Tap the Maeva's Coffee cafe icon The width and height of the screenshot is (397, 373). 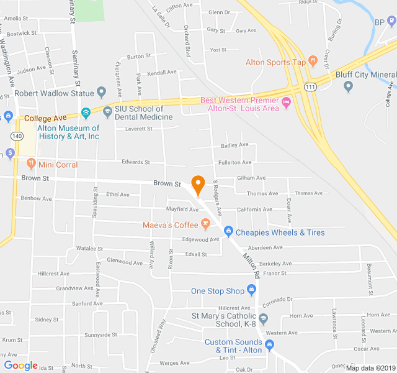click(x=205, y=224)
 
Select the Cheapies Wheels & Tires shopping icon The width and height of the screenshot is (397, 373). click(x=228, y=232)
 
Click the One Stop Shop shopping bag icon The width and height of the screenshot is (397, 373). click(x=251, y=290)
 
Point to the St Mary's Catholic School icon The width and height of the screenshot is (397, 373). click(x=264, y=319)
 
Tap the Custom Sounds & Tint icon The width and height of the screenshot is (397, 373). click(x=269, y=345)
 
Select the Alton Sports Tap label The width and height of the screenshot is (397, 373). click(x=276, y=62)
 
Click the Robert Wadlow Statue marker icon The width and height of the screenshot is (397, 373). click(x=102, y=93)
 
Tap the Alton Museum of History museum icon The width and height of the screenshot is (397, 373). click(x=86, y=113)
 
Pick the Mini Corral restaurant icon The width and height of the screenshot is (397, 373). click(x=31, y=164)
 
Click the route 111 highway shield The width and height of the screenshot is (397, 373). click(x=310, y=88)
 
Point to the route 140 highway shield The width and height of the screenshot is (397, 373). click(x=17, y=135)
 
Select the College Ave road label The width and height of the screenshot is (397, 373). click(x=45, y=118)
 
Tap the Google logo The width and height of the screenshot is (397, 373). click(x=20, y=365)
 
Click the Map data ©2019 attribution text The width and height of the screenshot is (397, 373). click(x=370, y=367)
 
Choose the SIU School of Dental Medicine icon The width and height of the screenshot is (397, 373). click(x=107, y=113)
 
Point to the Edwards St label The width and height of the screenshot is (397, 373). click(x=136, y=162)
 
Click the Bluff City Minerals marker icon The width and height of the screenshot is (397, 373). click(x=348, y=86)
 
